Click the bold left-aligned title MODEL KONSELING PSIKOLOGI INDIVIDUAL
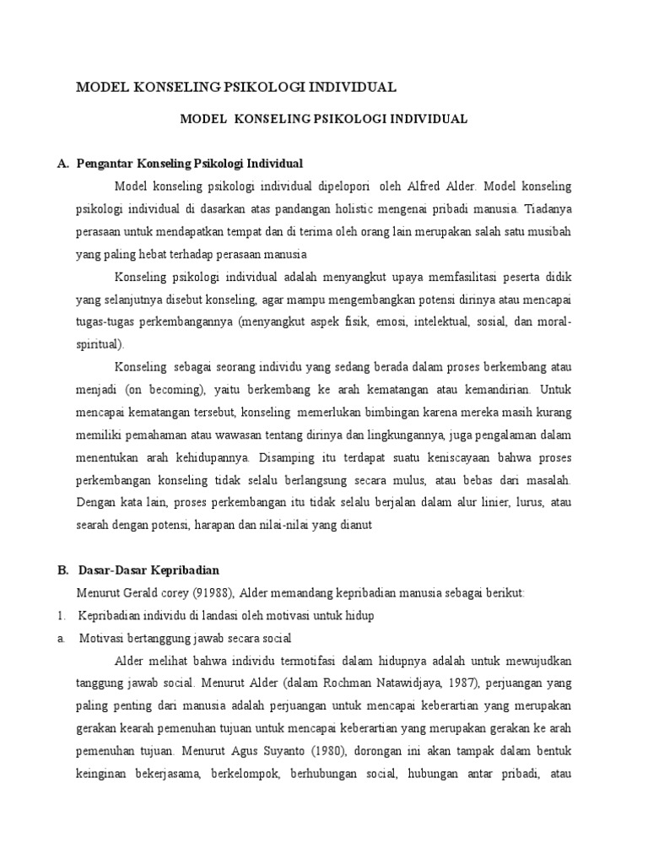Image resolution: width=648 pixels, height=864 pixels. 236,88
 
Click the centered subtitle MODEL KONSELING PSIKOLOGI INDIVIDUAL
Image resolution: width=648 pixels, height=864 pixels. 324,120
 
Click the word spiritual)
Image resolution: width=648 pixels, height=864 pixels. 100,344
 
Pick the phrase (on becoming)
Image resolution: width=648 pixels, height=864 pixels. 164,391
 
